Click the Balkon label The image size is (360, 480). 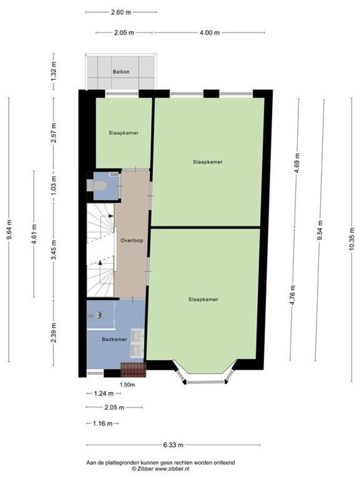[121, 72]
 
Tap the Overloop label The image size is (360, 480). [132, 240]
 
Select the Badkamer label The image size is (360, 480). [115, 340]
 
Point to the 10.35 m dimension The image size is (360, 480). [352, 239]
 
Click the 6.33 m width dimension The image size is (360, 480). [174, 445]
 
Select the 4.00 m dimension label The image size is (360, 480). [210, 33]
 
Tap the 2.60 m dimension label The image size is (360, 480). [120, 12]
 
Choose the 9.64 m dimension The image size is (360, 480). [9, 230]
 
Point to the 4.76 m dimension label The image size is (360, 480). [293, 295]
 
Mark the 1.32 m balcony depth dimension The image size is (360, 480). [54, 71]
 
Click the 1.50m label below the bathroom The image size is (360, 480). [128, 385]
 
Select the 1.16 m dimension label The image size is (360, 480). [103, 424]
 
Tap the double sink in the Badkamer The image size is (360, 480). [137, 343]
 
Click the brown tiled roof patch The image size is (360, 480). [133, 370]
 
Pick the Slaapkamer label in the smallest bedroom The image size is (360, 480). [124, 133]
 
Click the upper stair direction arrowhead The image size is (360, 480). [111, 216]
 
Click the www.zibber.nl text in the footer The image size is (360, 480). [172, 468]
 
